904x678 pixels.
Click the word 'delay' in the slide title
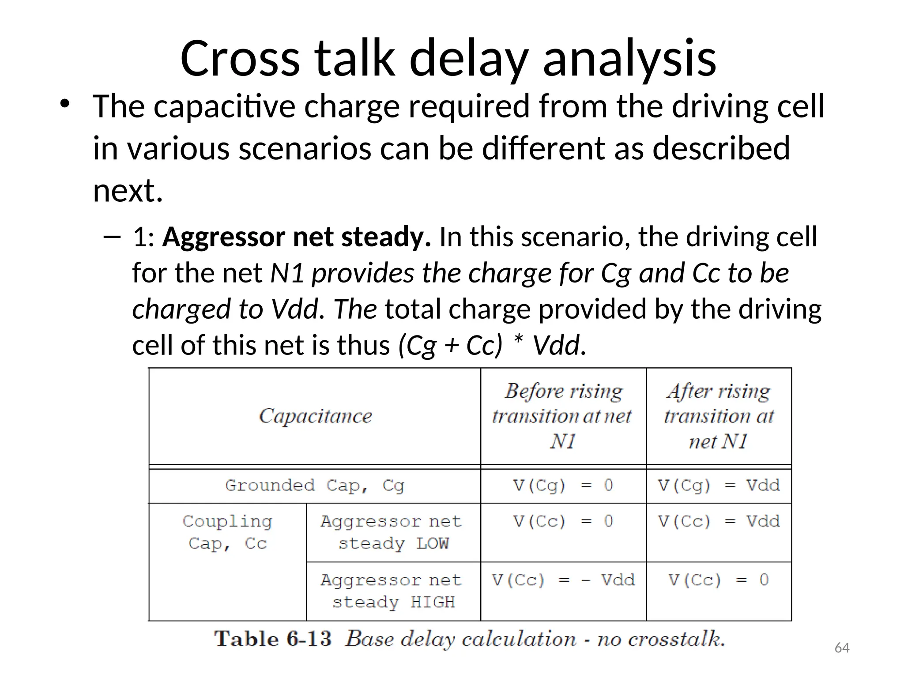pos(469,60)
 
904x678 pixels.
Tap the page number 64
pos(842,648)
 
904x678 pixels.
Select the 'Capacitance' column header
pos(315,416)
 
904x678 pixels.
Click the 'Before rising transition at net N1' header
pos(563,416)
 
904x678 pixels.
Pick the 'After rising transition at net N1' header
pos(719,416)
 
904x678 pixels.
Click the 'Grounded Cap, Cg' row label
pos(314,486)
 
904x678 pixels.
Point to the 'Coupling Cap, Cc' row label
pos(227,532)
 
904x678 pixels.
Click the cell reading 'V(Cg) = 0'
pos(563,486)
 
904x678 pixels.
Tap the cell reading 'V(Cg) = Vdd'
pos(719,486)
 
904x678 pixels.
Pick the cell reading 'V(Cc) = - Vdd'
pos(563,580)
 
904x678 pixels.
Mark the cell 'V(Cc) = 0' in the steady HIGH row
pos(719,580)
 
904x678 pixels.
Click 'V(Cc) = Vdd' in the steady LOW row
pos(719,521)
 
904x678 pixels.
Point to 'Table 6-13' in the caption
pos(272,639)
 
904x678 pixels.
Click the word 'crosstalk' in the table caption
pos(675,639)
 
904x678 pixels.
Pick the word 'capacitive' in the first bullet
pos(224,107)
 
